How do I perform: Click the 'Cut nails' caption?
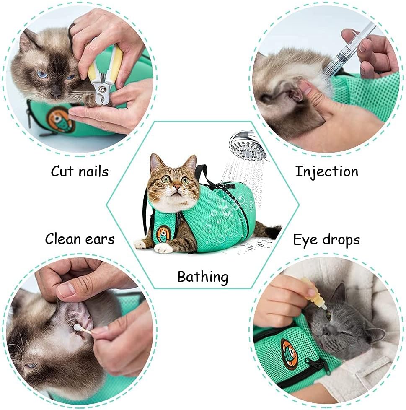click(x=80, y=171)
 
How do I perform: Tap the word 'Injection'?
click(x=326, y=171)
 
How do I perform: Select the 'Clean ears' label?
click(x=80, y=239)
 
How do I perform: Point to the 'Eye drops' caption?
click(x=326, y=240)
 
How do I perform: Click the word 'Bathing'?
click(x=203, y=277)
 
